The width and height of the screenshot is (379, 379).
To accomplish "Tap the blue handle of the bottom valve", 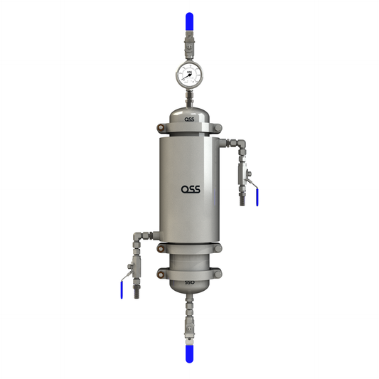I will [x=189, y=353].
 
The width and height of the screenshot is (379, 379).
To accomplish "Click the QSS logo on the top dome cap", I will [x=189, y=119].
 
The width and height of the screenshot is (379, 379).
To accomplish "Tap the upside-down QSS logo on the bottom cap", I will [x=189, y=282].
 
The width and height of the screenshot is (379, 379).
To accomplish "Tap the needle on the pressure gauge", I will [x=190, y=74].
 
